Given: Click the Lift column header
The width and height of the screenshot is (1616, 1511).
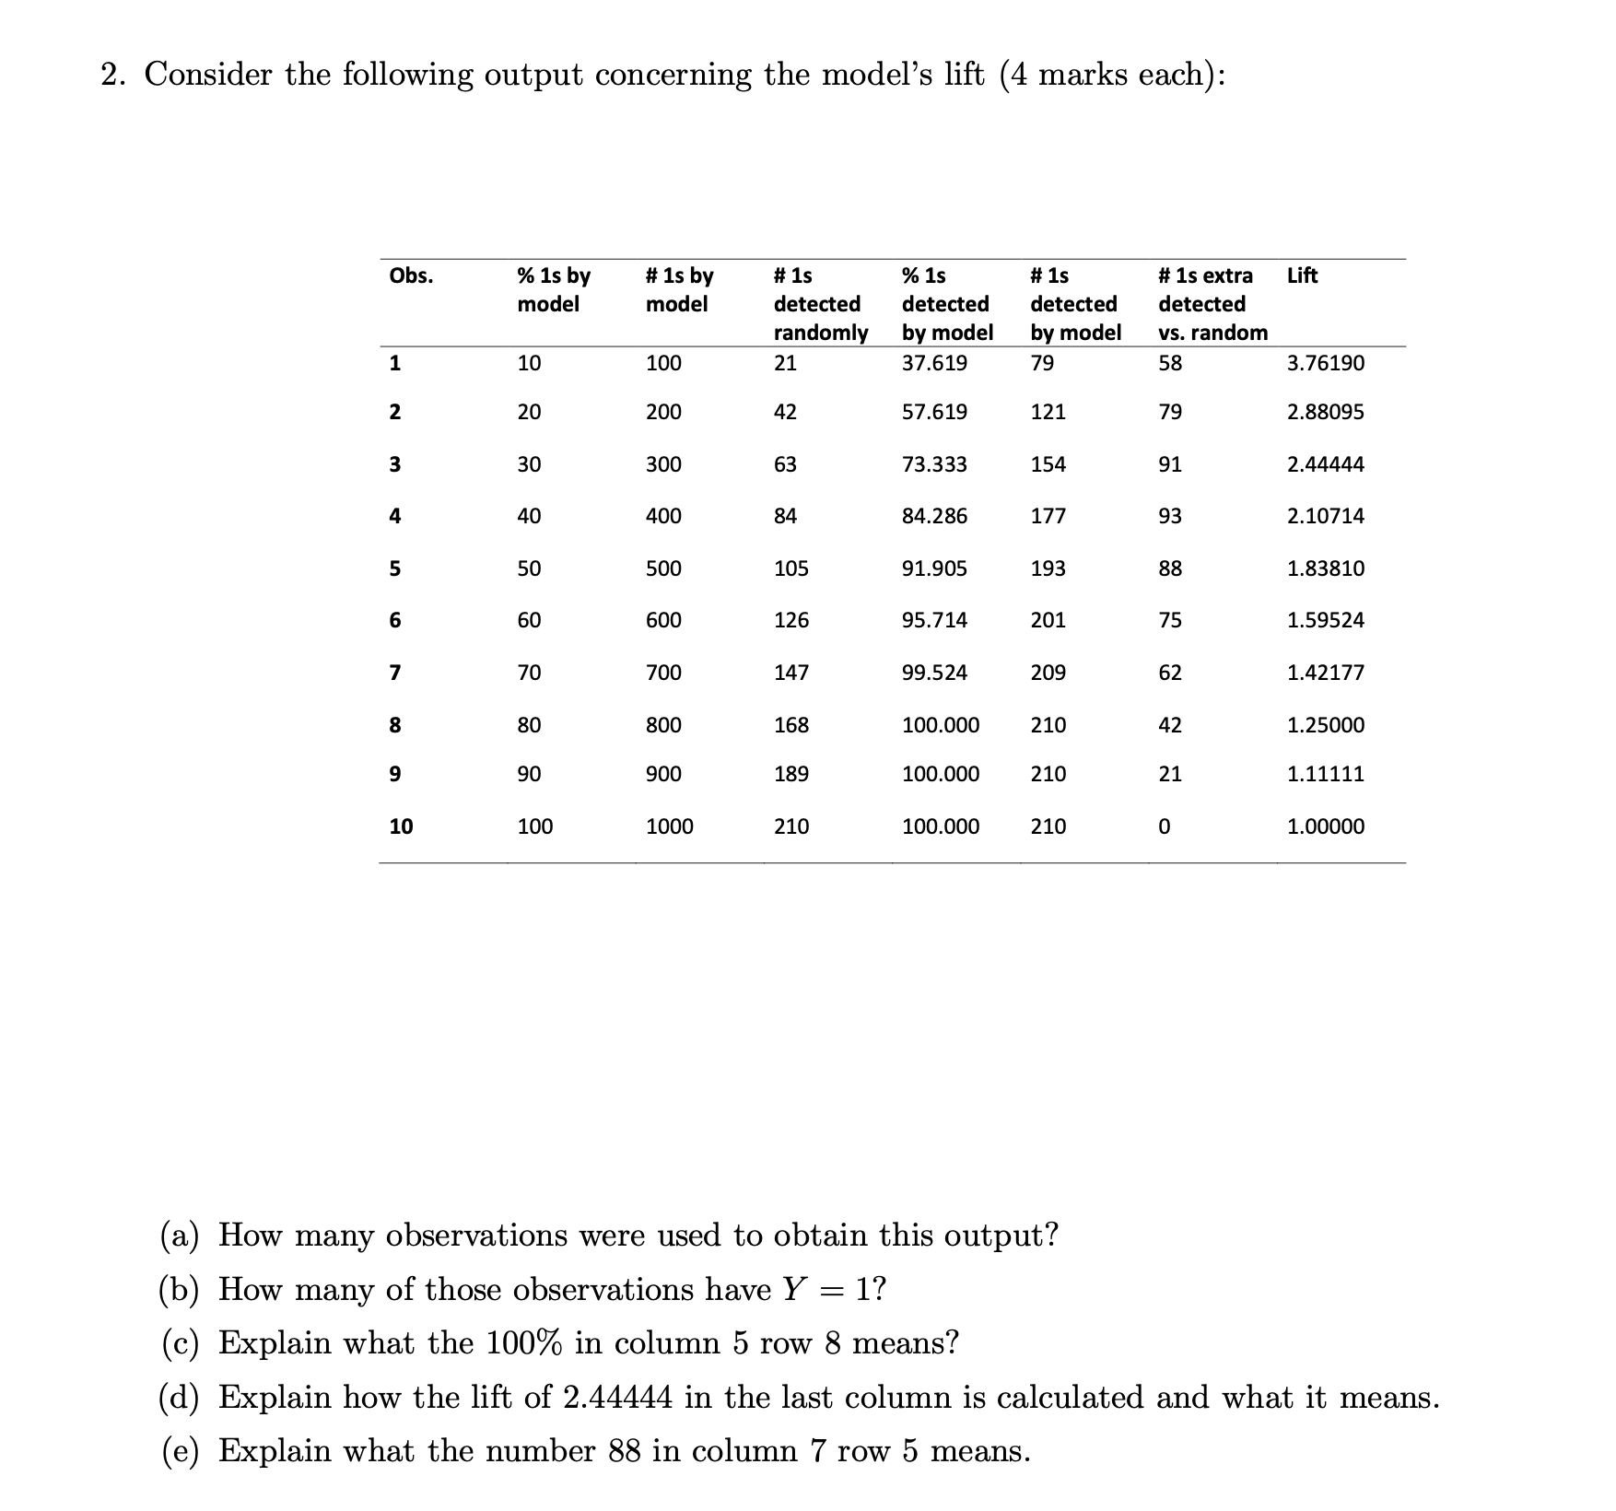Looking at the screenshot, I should click(x=1301, y=275).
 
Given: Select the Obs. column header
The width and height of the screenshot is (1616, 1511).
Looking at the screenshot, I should click(x=411, y=275).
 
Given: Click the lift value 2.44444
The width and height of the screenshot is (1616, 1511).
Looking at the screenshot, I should click(x=1325, y=464).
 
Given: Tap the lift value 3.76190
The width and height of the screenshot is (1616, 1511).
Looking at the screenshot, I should click(x=1325, y=363).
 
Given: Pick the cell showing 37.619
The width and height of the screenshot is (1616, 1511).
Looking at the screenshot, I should click(x=934, y=363).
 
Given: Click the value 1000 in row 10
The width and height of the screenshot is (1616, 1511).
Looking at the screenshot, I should click(x=669, y=826).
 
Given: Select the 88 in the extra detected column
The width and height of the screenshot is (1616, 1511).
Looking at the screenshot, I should click(x=1170, y=568).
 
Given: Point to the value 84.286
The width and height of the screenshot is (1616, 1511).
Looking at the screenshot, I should click(x=934, y=516).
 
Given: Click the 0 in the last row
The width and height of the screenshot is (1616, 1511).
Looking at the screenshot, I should click(x=1164, y=826).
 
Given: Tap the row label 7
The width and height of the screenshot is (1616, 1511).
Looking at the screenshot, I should click(x=394, y=673).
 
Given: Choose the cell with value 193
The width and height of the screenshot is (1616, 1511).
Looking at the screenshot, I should click(x=1048, y=568).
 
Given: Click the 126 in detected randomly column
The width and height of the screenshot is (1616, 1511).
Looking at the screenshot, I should click(x=790, y=620).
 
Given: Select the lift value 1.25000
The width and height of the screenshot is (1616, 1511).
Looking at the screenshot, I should click(x=1325, y=725).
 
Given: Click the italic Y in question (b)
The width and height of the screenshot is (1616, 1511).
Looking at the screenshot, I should click(x=792, y=1289).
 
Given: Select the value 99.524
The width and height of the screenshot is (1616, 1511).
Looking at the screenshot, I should click(x=934, y=673).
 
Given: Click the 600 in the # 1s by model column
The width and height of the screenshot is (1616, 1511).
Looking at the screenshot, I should click(x=663, y=620).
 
